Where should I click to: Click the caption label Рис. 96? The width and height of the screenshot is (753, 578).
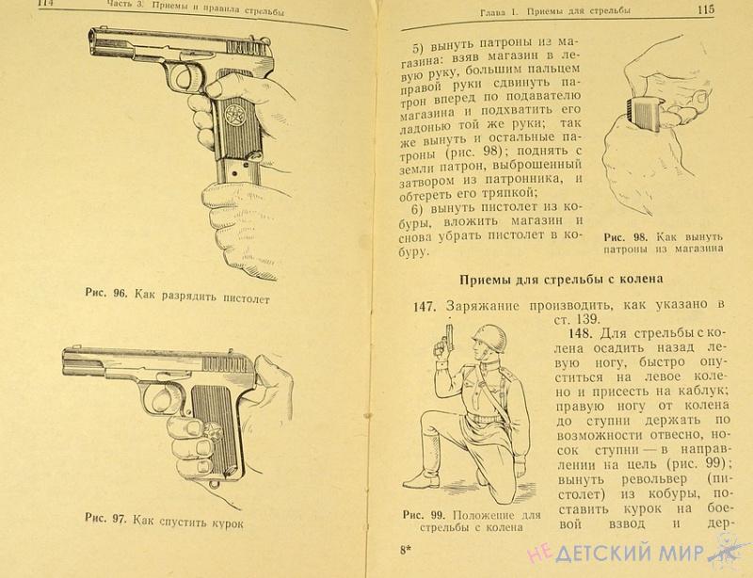coord(106,293)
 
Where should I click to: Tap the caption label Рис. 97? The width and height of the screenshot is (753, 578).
coord(105,518)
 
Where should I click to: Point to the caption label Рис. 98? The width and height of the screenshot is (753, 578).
coord(626,237)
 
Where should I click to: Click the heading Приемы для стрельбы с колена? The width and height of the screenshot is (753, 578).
coord(561,280)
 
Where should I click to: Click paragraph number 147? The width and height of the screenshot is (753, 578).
coord(425,307)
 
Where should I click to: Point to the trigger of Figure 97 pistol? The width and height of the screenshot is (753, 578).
coord(162,397)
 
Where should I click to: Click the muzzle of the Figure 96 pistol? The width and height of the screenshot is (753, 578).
coord(92,43)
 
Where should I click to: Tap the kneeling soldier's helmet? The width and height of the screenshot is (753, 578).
coord(489,335)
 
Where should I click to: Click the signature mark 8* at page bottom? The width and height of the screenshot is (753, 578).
coord(406,551)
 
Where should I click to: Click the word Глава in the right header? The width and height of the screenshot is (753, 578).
coord(494,12)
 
